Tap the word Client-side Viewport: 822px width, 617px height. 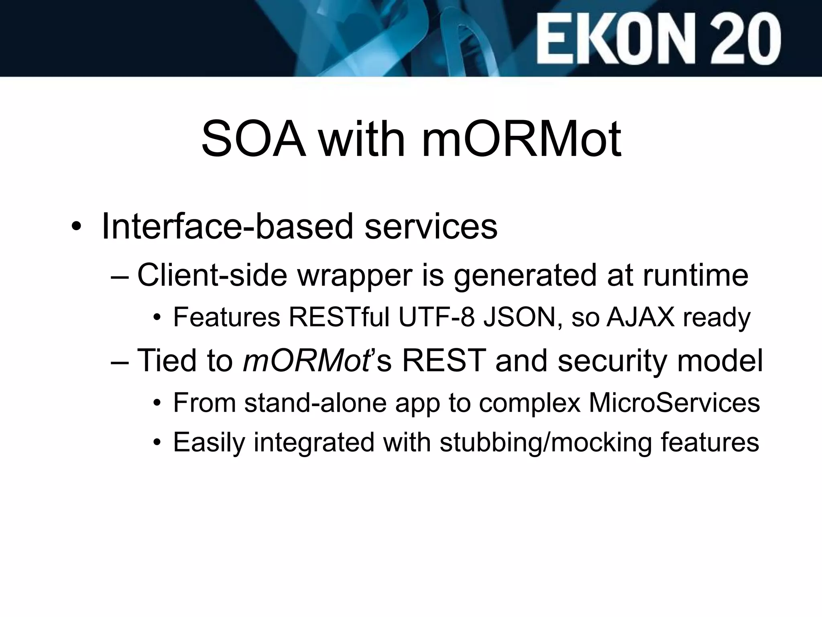point(212,275)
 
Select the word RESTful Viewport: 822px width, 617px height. point(340,317)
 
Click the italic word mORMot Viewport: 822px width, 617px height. point(306,360)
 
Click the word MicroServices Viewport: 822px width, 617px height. point(674,402)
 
